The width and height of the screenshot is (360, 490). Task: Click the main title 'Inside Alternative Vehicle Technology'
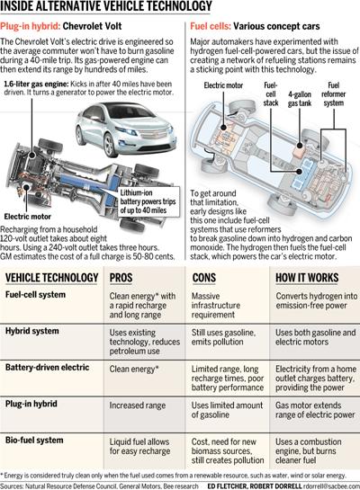tap(106, 6)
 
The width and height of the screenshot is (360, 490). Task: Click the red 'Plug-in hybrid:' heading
tap(30, 26)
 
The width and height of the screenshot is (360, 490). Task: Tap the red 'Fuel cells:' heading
tap(211, 26)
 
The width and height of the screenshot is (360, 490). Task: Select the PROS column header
tap(121, 278)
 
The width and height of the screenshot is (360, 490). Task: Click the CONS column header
tap(204, 278)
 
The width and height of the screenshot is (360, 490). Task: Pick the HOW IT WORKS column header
tap(307, 278)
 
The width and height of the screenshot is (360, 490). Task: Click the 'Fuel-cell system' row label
tap(35, 295)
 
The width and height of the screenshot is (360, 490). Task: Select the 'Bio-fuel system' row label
tap(34, 441)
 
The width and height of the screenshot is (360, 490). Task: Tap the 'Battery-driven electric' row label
tap(47, 367)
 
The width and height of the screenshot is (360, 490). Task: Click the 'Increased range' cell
tap(138, 405)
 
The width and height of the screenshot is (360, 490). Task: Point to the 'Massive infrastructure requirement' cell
tap(216, 306)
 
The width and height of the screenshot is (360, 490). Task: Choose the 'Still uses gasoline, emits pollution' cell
tap(223, 337)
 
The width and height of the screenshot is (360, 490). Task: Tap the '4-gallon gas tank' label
tap(300, 99)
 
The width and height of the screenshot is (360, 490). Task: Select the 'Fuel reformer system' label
tap(333, 94)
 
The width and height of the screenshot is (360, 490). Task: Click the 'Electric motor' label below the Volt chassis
tap(28, 217)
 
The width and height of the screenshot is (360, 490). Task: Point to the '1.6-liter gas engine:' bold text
tap(36, 84)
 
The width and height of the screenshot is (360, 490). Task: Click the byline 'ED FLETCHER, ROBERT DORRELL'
tap(255, 486)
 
